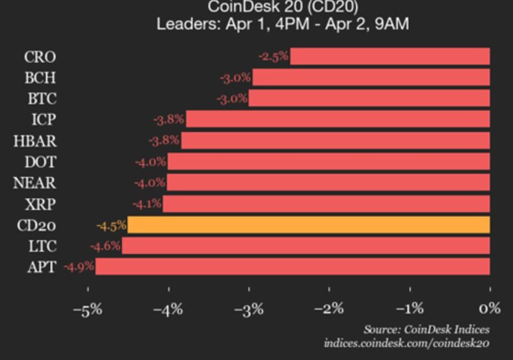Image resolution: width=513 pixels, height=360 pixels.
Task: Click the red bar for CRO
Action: pos(390,56)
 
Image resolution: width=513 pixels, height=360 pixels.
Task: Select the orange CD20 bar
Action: pos(308,225)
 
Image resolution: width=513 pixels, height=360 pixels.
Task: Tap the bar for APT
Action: pos(292,267)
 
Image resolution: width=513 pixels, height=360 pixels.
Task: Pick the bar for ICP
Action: pos(338,119)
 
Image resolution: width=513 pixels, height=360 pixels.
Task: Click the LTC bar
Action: pos(306,246)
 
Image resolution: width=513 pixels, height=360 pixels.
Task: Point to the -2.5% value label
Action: pos(274,57)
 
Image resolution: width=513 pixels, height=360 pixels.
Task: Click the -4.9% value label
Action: pos(79,267)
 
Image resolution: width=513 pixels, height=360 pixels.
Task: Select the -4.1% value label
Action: pos(147,204)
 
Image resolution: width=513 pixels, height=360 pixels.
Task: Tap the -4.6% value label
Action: pos(105,247)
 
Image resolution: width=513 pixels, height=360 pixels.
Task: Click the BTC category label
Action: pos(41,99)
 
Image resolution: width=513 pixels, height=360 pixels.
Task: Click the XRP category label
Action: pos(41,204)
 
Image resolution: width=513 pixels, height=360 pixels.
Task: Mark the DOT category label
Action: pos(41,162)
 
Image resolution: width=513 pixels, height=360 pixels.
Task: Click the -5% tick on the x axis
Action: pos(87,308)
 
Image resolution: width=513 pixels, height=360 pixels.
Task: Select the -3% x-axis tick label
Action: pos(249,308)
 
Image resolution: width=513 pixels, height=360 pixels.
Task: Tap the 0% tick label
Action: pos(490,308)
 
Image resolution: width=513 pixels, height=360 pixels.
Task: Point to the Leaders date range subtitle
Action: pos(282,25)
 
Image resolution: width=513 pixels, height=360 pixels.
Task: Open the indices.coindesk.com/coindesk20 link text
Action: pos(406,343)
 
